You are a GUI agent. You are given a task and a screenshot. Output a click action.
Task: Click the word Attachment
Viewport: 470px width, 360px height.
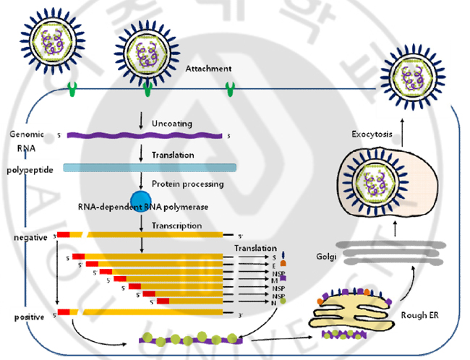click(208, 69)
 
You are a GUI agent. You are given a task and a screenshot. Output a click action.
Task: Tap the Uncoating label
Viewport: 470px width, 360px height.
click(172, 124)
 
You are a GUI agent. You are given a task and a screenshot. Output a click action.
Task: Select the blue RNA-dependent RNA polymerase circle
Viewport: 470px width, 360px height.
click(141, 198)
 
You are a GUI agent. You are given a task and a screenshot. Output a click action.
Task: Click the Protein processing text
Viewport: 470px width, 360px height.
click(187, 183)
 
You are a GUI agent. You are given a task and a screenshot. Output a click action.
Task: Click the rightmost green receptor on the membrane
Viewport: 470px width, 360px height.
click(231, 90)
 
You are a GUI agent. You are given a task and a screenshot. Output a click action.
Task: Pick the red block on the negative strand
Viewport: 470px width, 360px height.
click(64, 235)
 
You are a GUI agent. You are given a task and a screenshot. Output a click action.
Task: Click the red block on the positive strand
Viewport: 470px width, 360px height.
click(64, 312)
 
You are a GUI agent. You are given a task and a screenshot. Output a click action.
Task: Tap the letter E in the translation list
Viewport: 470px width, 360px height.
click(273, 265)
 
